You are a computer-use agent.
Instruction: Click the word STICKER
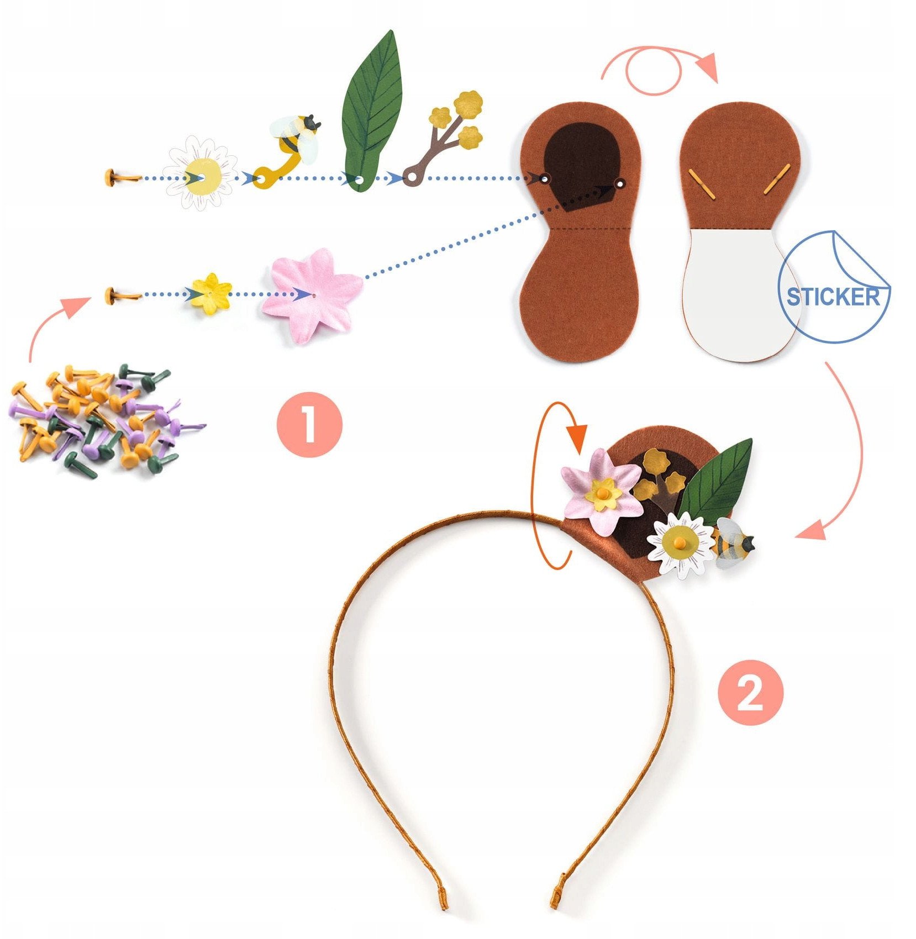pos(833,297)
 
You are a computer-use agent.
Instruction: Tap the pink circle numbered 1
pos(309,424)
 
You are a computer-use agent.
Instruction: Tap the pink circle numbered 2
pos(750,692)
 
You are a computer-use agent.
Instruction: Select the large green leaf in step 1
pos(373,110)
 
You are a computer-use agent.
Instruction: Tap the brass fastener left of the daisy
pos(122,178)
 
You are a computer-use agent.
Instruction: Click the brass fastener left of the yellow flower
pos(123,296)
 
